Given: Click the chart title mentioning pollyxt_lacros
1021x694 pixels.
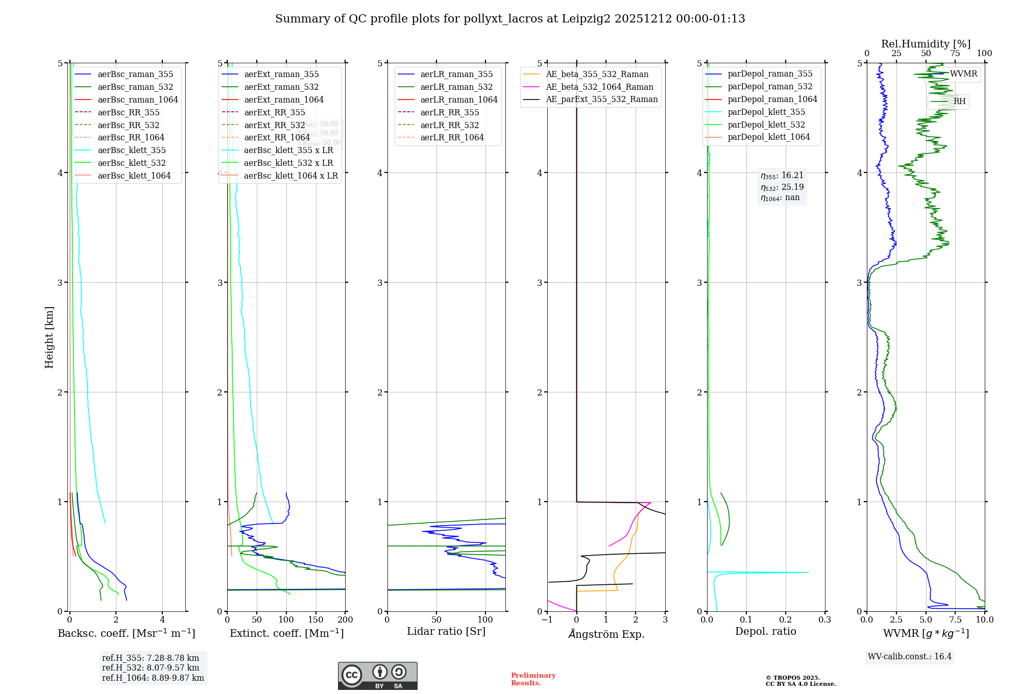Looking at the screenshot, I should pos(510,19).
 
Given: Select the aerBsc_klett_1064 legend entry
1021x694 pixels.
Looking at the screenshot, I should pos(134,176).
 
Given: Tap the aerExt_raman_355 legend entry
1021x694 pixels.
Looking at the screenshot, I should pos(281,75).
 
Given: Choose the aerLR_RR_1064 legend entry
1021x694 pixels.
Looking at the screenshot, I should pos(452,137).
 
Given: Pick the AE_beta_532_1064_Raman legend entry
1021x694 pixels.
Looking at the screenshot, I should pos(599,87).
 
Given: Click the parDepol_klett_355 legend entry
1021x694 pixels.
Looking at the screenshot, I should pos(766,112).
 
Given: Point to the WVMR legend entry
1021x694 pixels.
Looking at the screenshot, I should pos(963,74).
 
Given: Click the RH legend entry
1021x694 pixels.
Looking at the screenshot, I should pos(959,102).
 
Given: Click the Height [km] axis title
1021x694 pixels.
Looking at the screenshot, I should pos(49,337).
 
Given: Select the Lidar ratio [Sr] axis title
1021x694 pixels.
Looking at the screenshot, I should pos(446,631).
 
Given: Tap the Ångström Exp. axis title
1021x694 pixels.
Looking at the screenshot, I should pos(606,634).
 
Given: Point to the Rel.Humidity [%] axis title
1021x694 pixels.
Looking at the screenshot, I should pos(926,44).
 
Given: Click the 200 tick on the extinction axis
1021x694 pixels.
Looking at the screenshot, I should pos(346,619).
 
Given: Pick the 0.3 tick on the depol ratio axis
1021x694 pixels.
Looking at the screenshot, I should pos(825,619).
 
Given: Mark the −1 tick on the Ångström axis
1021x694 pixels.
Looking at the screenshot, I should pos(547,619).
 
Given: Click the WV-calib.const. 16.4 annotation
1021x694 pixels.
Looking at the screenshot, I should pos(910,656).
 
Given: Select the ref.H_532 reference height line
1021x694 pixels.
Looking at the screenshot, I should pos(151,667).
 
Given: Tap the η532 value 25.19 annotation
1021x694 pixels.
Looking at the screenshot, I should pos(782,187).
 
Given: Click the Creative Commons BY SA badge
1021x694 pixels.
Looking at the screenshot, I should pos(377,676).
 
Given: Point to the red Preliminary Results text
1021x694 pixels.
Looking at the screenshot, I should pos(533,679).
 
